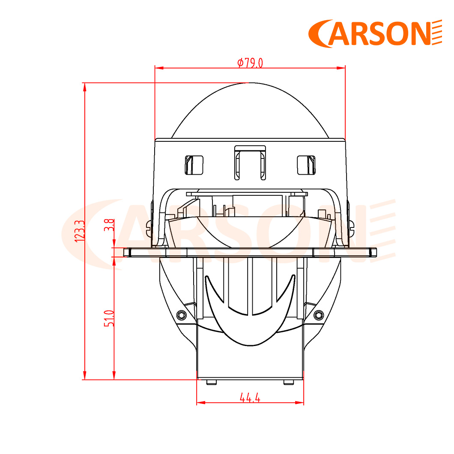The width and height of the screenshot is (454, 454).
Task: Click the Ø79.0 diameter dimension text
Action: [x=250, y=63]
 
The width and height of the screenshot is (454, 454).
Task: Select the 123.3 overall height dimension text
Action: [x=79, y=231]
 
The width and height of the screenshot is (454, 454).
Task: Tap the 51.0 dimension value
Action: [x=109, y=319]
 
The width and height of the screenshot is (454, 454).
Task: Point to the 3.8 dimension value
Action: [x=109, y=225]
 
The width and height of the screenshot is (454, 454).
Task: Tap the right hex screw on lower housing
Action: [x=317, y=315]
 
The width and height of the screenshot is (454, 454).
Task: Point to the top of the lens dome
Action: [x=250, y=83]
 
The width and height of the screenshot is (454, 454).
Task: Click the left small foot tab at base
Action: [x=211, y=382]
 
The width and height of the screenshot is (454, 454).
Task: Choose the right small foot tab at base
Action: [x=289, y=382]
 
